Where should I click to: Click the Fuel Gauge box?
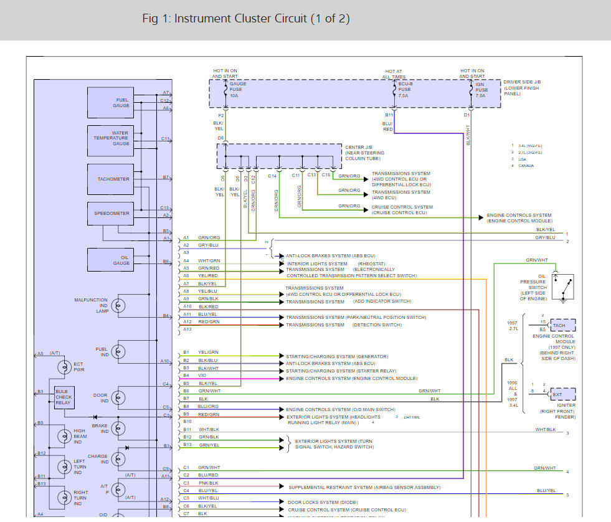(x=110, y=103)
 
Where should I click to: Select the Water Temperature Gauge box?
(x=110, y=139)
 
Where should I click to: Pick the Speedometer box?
(x=110, y=214)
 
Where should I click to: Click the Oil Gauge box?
(x=110, y=260)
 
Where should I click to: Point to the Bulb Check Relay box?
(x=64, y=397)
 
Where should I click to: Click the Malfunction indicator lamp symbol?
(x=118, y=306)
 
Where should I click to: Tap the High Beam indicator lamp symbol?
(x=64, y=435)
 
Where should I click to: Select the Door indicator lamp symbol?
(x=118, y=398)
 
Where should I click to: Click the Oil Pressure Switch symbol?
(x=563, y=287)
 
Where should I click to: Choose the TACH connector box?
(x=563, y=325)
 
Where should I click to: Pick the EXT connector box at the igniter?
(x=563, y=394)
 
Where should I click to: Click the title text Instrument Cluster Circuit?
(x=246, y=19)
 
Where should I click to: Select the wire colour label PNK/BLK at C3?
(x=208, y=483)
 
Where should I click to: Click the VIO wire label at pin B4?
(x=203, y=376)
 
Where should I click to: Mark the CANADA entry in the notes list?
(x=526, y=166)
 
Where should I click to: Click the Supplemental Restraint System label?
(x=364, y=487)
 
